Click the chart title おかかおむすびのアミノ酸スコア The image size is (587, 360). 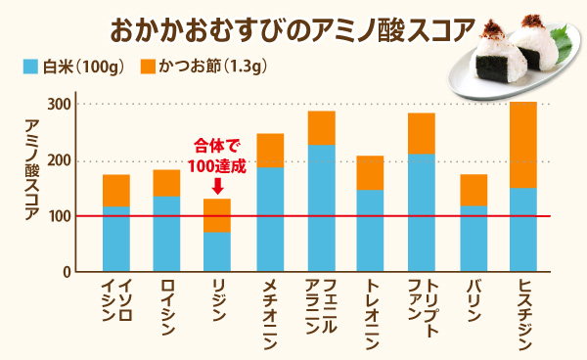(293, 27)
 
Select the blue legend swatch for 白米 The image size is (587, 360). (29, 68)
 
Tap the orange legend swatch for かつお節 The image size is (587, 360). (148, 68)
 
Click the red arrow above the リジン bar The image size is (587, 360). (216, 183)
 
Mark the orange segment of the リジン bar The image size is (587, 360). (217, 215)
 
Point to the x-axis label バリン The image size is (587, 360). (473, 297)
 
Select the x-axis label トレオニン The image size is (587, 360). (371, 309)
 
